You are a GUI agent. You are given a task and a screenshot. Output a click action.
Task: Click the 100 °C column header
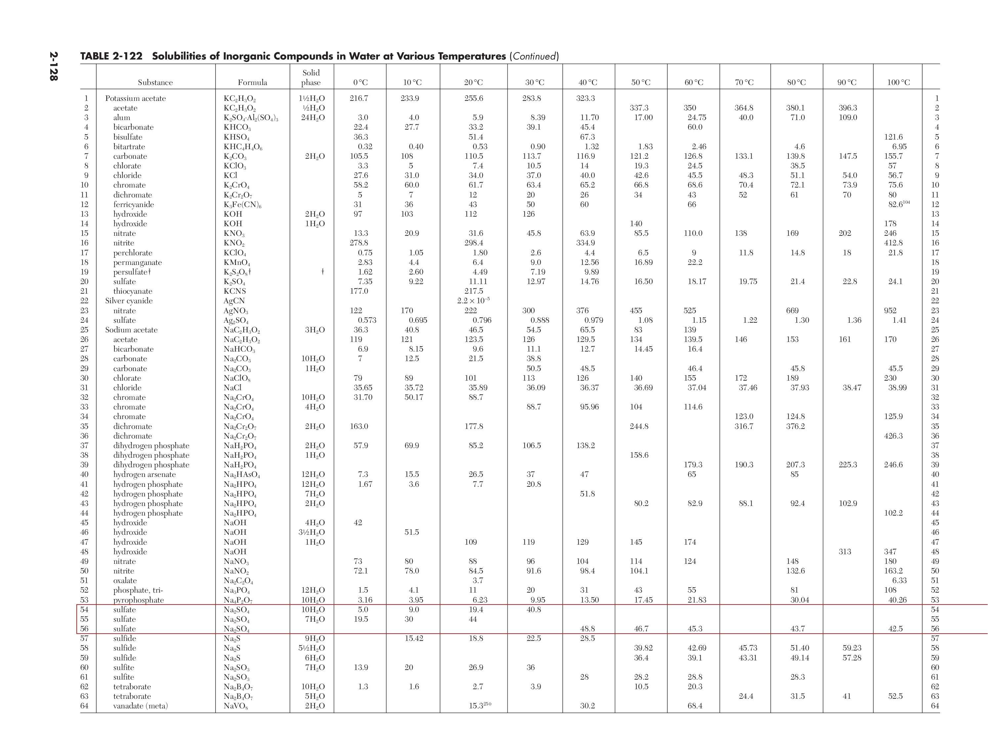[x=898, y=82]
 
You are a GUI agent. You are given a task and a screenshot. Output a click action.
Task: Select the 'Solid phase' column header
[x=311, y=77]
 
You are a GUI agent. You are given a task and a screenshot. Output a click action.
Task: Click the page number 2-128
[x=54, y=66]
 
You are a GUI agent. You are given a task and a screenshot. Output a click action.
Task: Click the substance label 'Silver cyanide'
[x=129, y=301]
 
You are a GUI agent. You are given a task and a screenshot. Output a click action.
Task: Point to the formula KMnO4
[x=237, y=263]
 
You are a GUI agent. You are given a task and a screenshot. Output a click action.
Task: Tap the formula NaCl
[x=232, y=387]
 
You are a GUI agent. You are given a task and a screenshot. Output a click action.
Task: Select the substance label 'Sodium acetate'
[x=131, y=330]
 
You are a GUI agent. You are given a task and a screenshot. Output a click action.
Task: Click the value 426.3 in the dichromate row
[x=893, y=436]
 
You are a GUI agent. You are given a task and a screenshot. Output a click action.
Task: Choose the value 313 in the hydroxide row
[x=845, y=551]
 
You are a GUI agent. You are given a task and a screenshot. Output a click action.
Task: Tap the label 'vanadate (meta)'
[x=140, y=706]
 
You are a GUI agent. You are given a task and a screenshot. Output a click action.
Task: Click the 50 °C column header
[x=641, y=82]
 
